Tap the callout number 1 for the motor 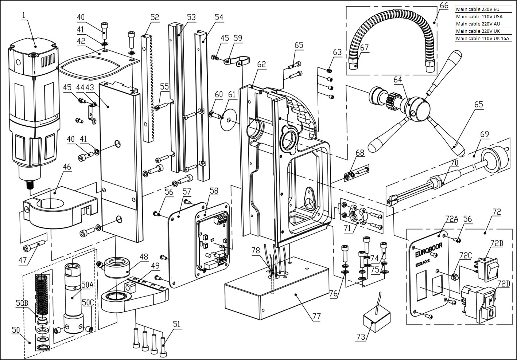23,16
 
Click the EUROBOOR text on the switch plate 430,249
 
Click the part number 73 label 361,337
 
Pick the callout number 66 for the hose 444,5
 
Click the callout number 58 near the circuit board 214,190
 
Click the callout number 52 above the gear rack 155,17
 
